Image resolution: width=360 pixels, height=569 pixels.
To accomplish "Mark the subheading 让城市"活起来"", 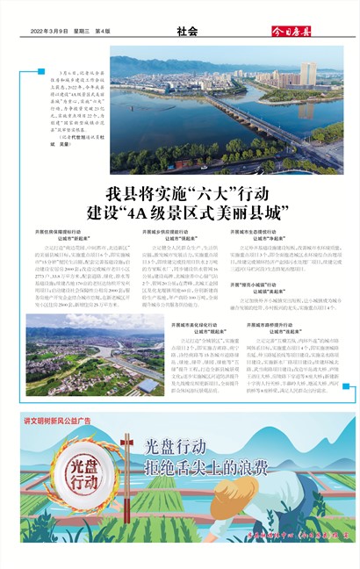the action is (x=270, y=328).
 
